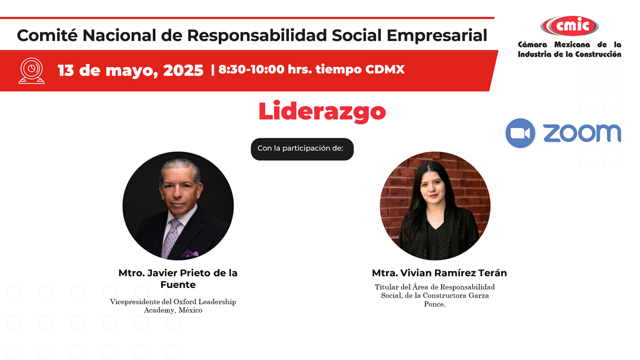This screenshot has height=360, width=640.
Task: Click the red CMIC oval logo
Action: [x=570, y=26]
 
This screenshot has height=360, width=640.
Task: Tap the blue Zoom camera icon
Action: [x=520, y=133]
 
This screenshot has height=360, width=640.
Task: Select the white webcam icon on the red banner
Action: [x=31, y=71]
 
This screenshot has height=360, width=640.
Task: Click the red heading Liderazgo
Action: [x=322, y=111]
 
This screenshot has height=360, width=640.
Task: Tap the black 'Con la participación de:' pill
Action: [x=302, y=149]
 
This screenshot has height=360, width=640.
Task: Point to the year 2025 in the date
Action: [x=183, y=70]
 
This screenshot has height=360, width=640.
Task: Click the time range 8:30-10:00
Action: [x=251, y=69]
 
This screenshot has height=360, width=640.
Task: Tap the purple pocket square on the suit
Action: [x=189, y=253]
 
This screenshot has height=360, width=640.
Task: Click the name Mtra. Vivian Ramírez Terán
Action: [x=439, y=273]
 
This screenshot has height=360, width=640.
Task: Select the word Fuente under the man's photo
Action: [x=178, y=285]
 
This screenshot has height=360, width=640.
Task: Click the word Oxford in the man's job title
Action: [x=185, y=302]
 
